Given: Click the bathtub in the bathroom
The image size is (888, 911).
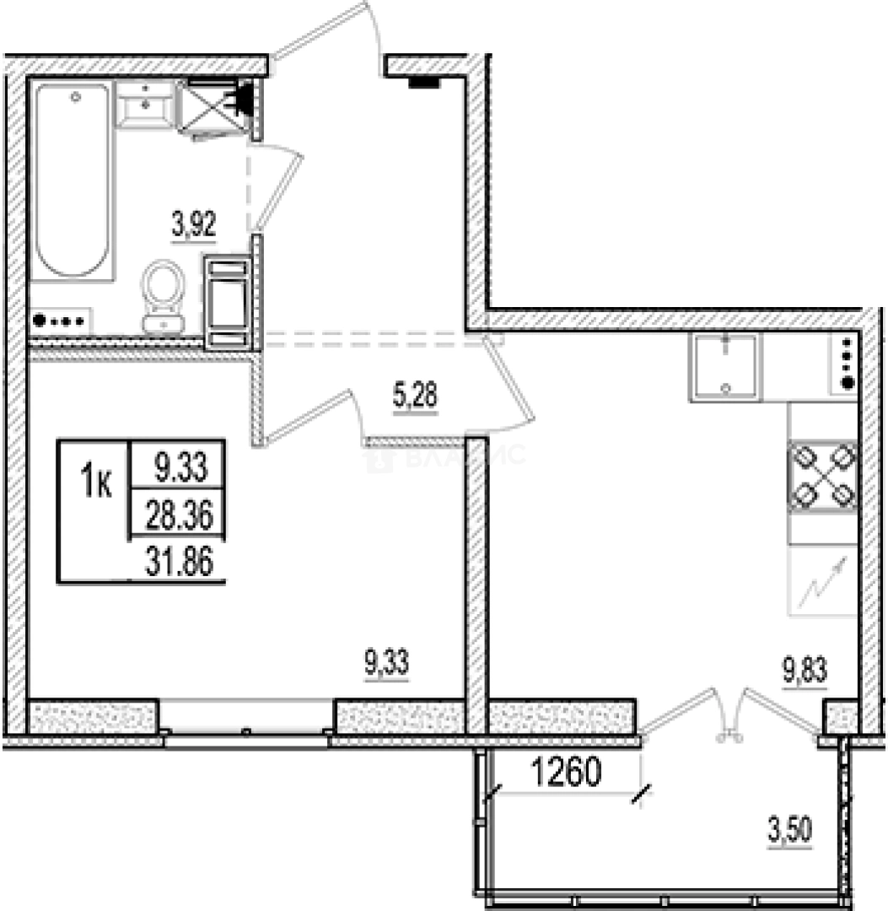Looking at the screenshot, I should click(x=73, y=181).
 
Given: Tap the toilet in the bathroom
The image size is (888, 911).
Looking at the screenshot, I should click(x=163, y=295).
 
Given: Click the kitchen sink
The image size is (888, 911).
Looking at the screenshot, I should click(x=725, y=366).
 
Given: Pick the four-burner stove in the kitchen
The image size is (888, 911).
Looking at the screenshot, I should click(x=822, y=476).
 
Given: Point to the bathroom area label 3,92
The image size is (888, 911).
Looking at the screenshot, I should click(x=195, y=226).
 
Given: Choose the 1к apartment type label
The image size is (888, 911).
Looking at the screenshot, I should click(x=96, y=484).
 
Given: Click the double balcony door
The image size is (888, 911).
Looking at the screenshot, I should click(x=729, y=713).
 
